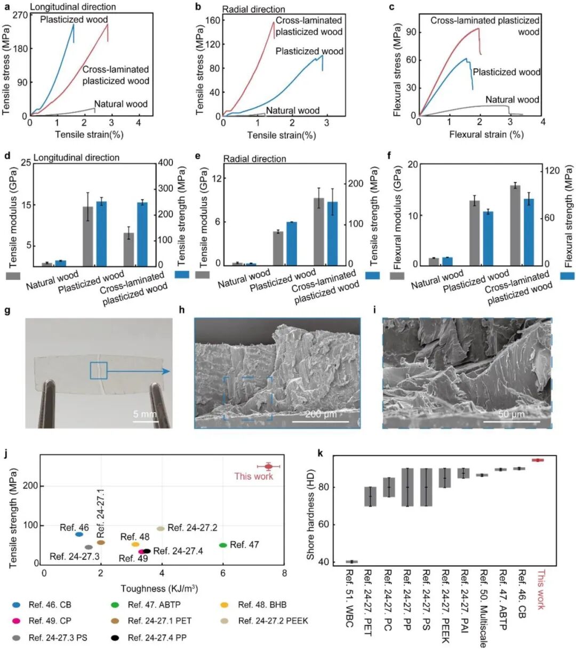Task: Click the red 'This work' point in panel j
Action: coord(268,467)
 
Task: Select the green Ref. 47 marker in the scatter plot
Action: coord(223,545)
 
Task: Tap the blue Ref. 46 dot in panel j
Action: coord(79,534)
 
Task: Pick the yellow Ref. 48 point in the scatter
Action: coord(135,544)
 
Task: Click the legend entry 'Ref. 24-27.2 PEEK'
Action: coord(273,621)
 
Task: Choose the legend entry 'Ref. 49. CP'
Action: coord(50,621)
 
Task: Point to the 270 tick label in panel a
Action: coord(20,15)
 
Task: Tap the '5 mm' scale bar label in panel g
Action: coord(145,414)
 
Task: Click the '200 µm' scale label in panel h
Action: coord(321,414)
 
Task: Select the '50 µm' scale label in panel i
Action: coord(511,414)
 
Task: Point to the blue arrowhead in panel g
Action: coord(166,371)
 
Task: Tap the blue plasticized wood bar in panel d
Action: coord(101,234)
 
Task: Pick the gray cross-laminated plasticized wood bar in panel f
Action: coord(515,225)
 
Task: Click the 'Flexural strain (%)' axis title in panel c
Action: coord(486,134)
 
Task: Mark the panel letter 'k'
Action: coord(319,453)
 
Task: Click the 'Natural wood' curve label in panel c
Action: coord(512,100)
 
